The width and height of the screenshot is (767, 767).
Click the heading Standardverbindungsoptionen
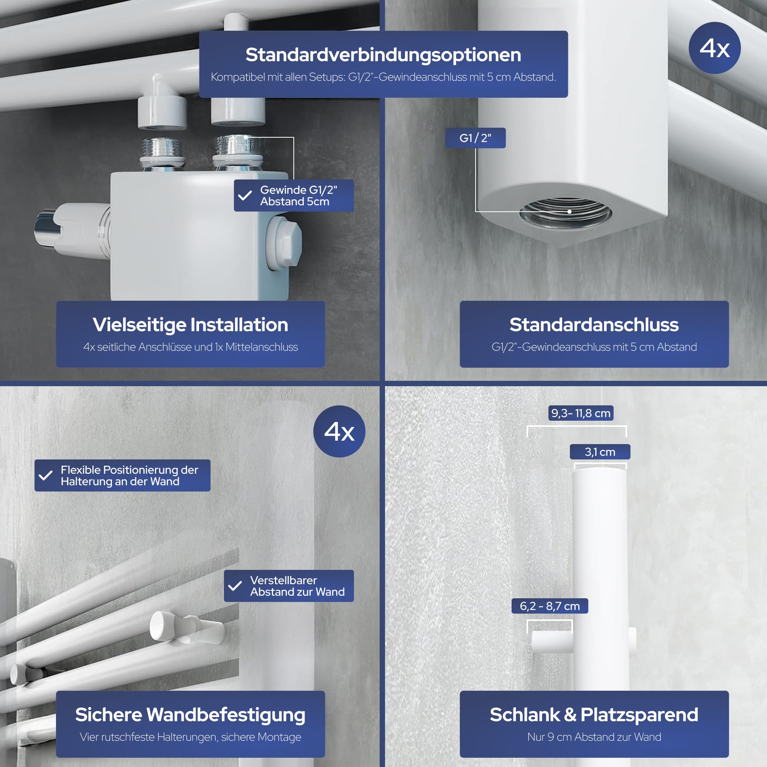tap(383, 55)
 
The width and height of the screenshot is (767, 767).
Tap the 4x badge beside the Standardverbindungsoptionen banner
tap(714, 48)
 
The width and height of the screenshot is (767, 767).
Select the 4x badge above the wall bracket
tap(339, 431)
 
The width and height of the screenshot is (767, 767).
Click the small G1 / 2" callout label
tap(475, 138)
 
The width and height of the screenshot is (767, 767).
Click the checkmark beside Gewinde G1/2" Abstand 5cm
tap(245, 195)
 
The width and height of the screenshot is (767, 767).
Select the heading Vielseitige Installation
tap(191, 324)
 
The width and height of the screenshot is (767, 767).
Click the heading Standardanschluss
tap(594, 324)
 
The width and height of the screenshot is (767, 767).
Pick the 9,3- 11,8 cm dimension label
tap(581, 413)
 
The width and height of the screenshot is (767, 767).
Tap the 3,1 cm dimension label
tap(600, 452)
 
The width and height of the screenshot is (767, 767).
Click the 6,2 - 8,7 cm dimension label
tap(550, 606)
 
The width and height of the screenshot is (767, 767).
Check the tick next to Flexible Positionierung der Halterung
tap(46, 475)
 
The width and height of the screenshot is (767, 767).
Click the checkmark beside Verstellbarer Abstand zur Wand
tap(235, 586)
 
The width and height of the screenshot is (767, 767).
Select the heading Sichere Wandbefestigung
tap(191, 714)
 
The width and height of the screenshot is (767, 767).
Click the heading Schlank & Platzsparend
tap(594, 714)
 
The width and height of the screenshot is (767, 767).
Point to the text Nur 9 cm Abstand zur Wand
tap(594, 737)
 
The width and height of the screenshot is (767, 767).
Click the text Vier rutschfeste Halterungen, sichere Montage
tap(191, 737)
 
